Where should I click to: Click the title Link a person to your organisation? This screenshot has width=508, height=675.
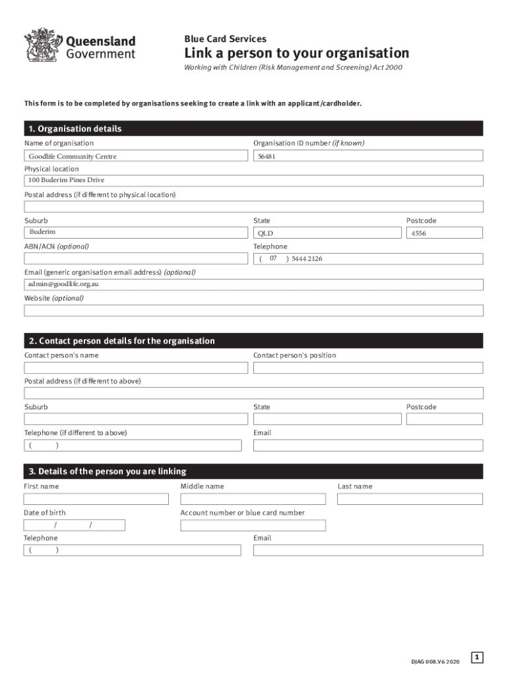coord(296,53)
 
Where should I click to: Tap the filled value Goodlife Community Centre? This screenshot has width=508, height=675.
coord(73,156)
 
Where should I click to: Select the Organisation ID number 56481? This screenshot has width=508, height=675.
coord(266,156)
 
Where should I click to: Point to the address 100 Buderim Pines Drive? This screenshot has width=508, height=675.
coord(66,180)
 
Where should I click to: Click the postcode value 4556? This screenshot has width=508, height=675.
coord(418,233)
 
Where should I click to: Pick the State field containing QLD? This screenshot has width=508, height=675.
coord(327,233)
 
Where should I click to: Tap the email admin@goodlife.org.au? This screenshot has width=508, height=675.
coord(64,284)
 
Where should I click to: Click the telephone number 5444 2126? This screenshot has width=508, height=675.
coord(307,259)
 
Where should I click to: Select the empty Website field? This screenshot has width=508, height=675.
coord(254,310)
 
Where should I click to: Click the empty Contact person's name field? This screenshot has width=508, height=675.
coord(133,367)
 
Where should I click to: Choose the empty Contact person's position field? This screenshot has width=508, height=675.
coord(368,367)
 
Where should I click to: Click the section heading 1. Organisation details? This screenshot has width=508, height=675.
coord(74,129)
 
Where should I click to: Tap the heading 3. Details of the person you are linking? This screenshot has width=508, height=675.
coord(108,471)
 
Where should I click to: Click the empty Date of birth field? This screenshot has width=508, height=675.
coord(75,525)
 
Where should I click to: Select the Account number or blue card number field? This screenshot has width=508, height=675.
coord(253,525)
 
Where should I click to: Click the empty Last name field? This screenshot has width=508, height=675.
coord(410,499)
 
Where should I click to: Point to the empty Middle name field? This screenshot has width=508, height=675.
coord(253,499)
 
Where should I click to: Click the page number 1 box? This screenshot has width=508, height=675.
coord(478,657)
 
